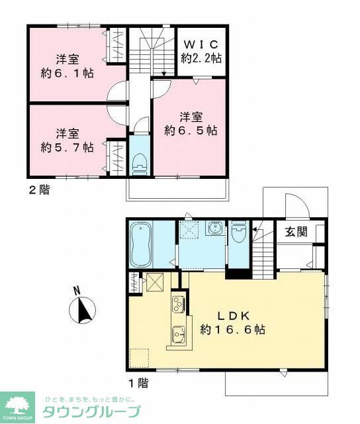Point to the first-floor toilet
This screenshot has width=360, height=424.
point(240,233)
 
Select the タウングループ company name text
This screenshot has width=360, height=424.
point(91,411)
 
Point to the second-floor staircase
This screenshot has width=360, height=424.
point(151,53)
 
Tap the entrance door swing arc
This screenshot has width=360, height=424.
point(292,203)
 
